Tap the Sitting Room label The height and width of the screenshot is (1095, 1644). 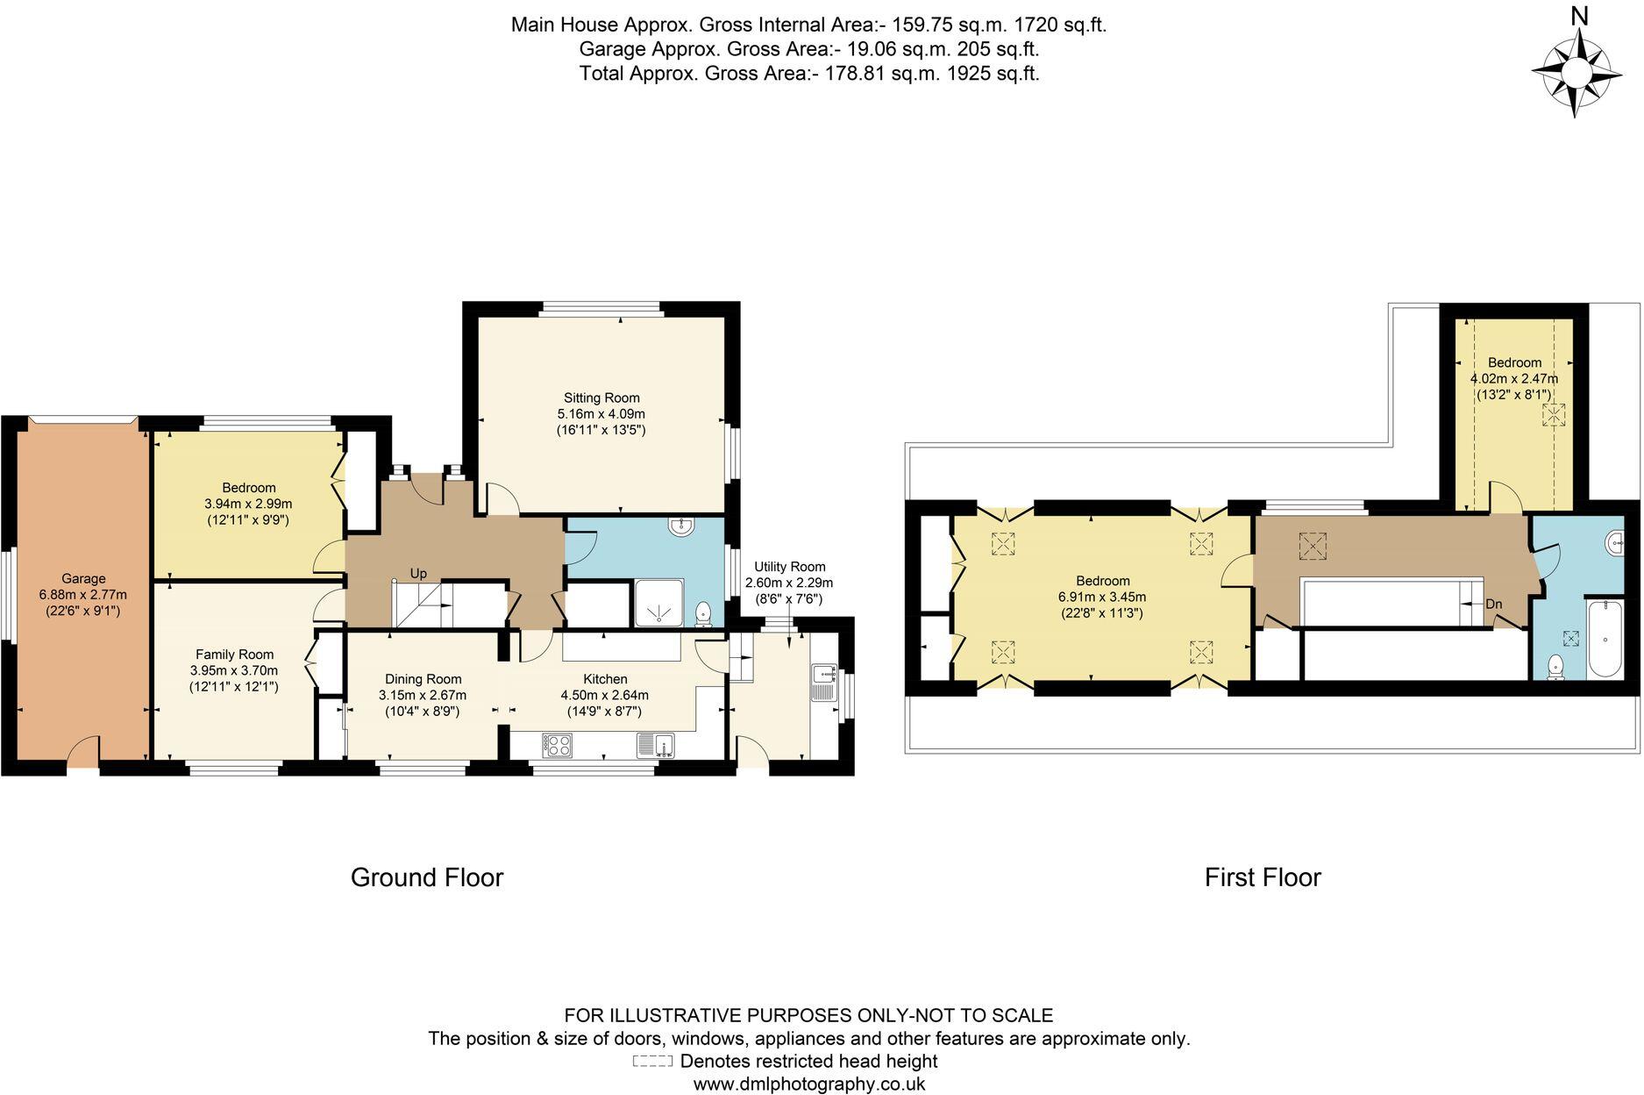[x=601, y=397]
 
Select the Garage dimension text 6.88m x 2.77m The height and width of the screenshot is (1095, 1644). [x=83, y=594]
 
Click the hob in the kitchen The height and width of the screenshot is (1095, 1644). [x=557, y=745]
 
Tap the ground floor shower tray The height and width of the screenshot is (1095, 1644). [x=657, y=604]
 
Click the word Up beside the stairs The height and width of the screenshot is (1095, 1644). [x=418, y=573]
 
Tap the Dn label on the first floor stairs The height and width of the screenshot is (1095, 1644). [x=1494, y=605]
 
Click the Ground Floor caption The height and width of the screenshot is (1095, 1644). [x=426, y=877]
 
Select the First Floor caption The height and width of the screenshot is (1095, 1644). [x=1262, y=877]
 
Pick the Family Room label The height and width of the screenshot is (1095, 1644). [x=234, y=655]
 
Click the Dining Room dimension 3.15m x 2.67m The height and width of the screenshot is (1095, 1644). [x=423, y=695]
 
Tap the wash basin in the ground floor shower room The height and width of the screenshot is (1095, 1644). [x=680, y=526]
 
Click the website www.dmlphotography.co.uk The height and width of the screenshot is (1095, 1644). [x=808, y=1084]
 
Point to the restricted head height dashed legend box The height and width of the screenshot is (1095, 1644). [x=652, y=1062]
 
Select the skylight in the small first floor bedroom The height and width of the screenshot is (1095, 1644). [x=1554, y=415]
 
